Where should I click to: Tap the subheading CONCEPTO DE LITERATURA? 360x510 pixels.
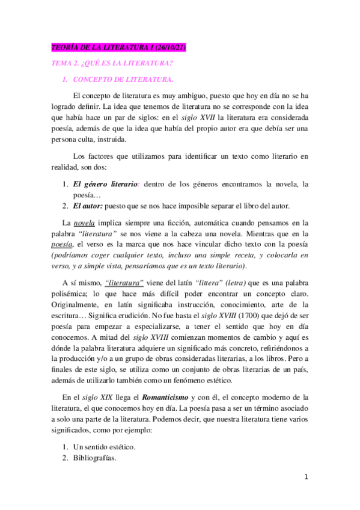tap(123, 79)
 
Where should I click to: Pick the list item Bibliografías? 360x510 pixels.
tap(94, 458)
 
